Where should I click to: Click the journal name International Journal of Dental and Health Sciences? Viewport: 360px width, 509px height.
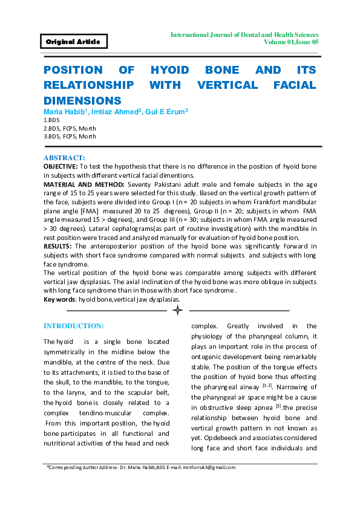pos(244,35)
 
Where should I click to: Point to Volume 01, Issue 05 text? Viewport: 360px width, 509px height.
pos(291,43)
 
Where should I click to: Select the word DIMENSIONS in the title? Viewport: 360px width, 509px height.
pos(82,100)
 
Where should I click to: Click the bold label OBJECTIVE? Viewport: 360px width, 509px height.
pos(61,166)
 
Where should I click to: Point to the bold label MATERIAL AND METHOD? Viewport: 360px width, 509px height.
pos(80,183)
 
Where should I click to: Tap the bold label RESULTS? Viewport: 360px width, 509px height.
pos(57,246)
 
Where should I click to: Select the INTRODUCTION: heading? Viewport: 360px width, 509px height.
pos(73,326)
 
